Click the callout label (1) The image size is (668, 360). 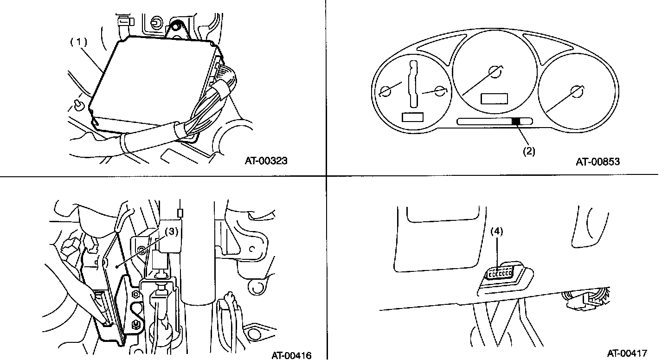click(x=78, y=41)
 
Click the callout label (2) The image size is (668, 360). click(x=529, y=151)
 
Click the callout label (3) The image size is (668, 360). click(x=172, y=232)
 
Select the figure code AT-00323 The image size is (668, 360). click(x=266, y=161)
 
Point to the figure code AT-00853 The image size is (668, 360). click(x=598, y=161)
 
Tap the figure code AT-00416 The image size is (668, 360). click(x=291, y=355)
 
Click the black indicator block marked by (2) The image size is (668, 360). click(x=515, y=122)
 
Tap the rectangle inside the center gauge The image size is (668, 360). click(x=495, y=98)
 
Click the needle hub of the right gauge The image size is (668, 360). click(x=577, y=92)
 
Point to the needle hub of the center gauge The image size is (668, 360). click(x=495, y=72)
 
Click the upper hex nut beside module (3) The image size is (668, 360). click(x=134, y=294)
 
